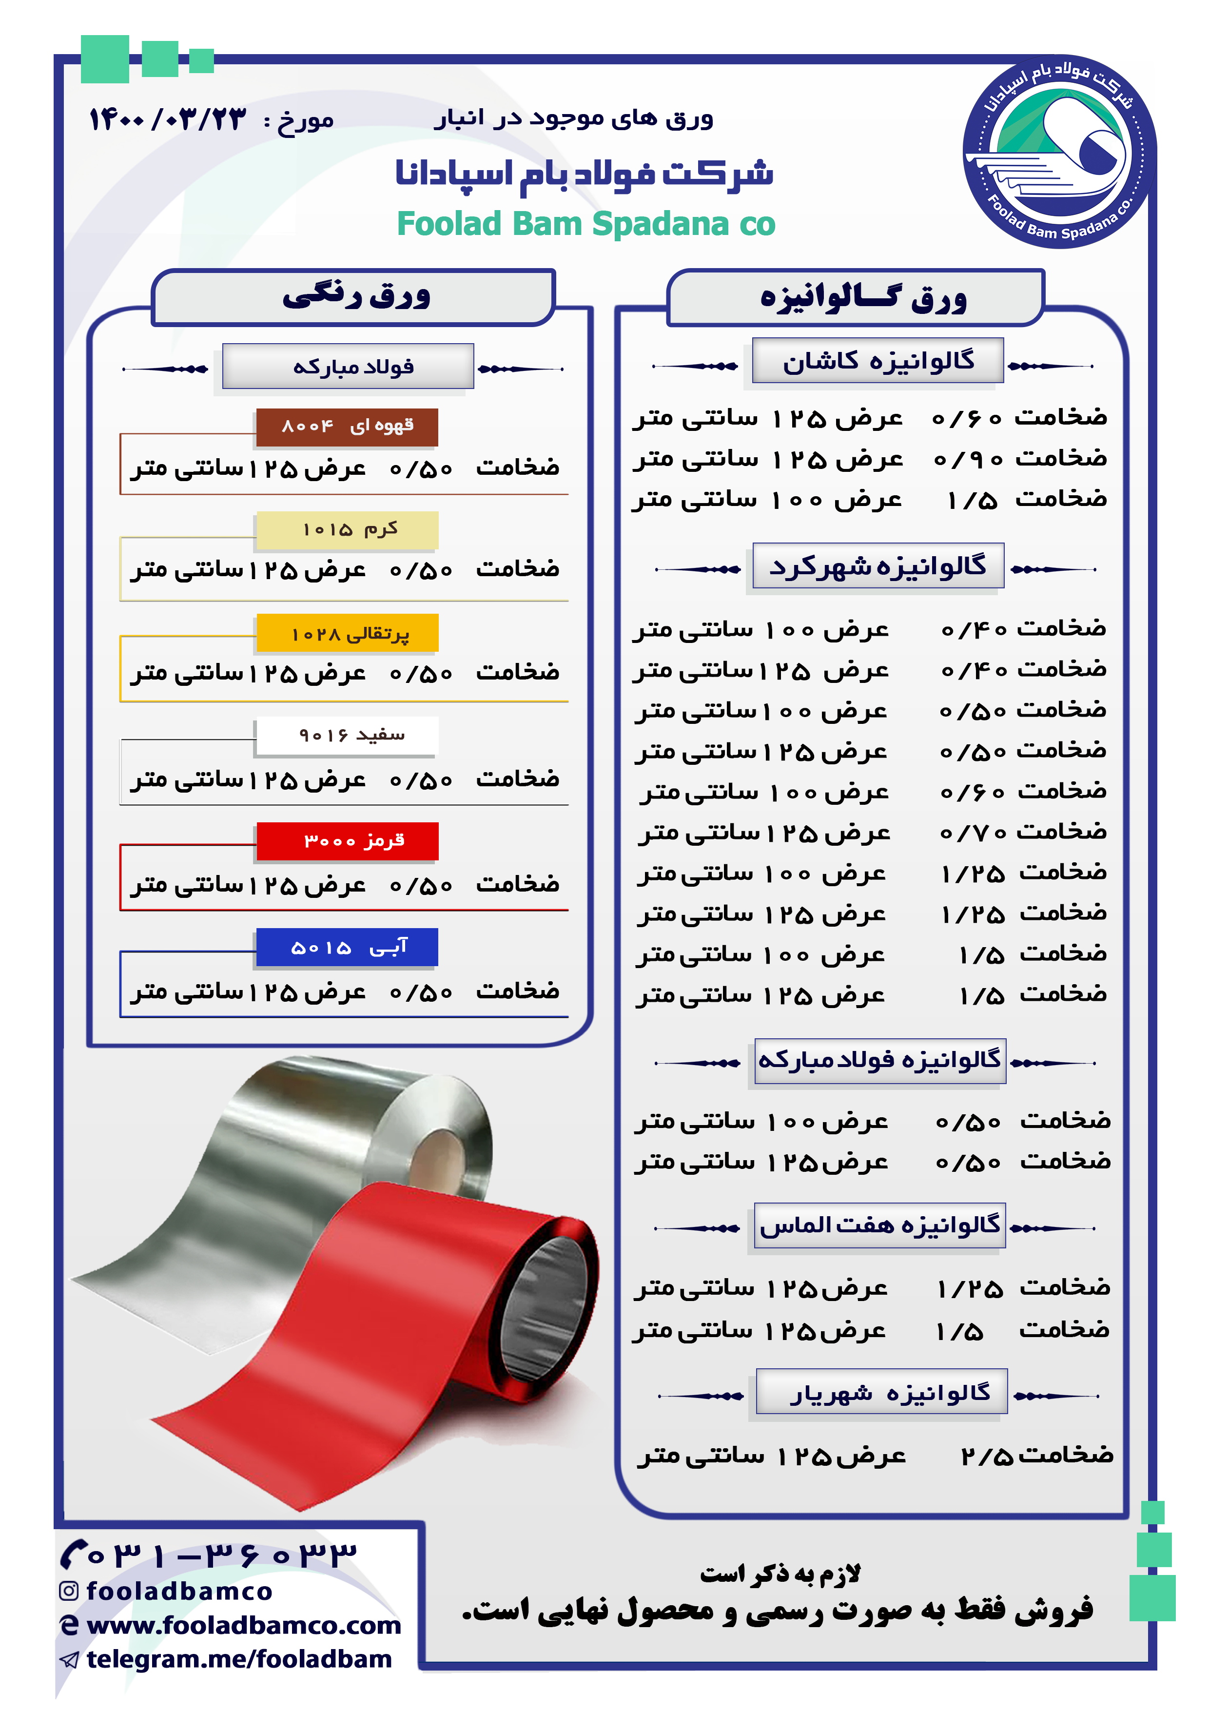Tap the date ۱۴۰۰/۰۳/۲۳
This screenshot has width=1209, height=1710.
[168, 119]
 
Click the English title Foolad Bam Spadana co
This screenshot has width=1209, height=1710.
[585, 223]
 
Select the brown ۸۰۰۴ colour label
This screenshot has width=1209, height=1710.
[347, 427]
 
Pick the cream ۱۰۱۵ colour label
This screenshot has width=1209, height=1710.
[347, 529]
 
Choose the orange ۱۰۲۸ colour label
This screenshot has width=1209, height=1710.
[347, 633]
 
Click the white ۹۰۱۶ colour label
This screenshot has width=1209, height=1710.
[347, 736]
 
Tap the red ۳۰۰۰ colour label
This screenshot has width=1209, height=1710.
[347, 841]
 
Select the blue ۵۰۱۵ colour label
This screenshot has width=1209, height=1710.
[347, 947]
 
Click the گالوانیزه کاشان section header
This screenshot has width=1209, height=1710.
[877, 361]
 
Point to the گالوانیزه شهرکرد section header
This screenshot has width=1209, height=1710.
[877, 567]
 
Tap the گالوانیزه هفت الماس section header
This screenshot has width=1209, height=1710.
[880, 1225]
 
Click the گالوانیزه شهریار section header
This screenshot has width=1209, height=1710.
[882, 1392]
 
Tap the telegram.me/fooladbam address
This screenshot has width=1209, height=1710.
[239, 1659]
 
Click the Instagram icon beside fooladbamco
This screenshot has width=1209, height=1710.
[69, 1591]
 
